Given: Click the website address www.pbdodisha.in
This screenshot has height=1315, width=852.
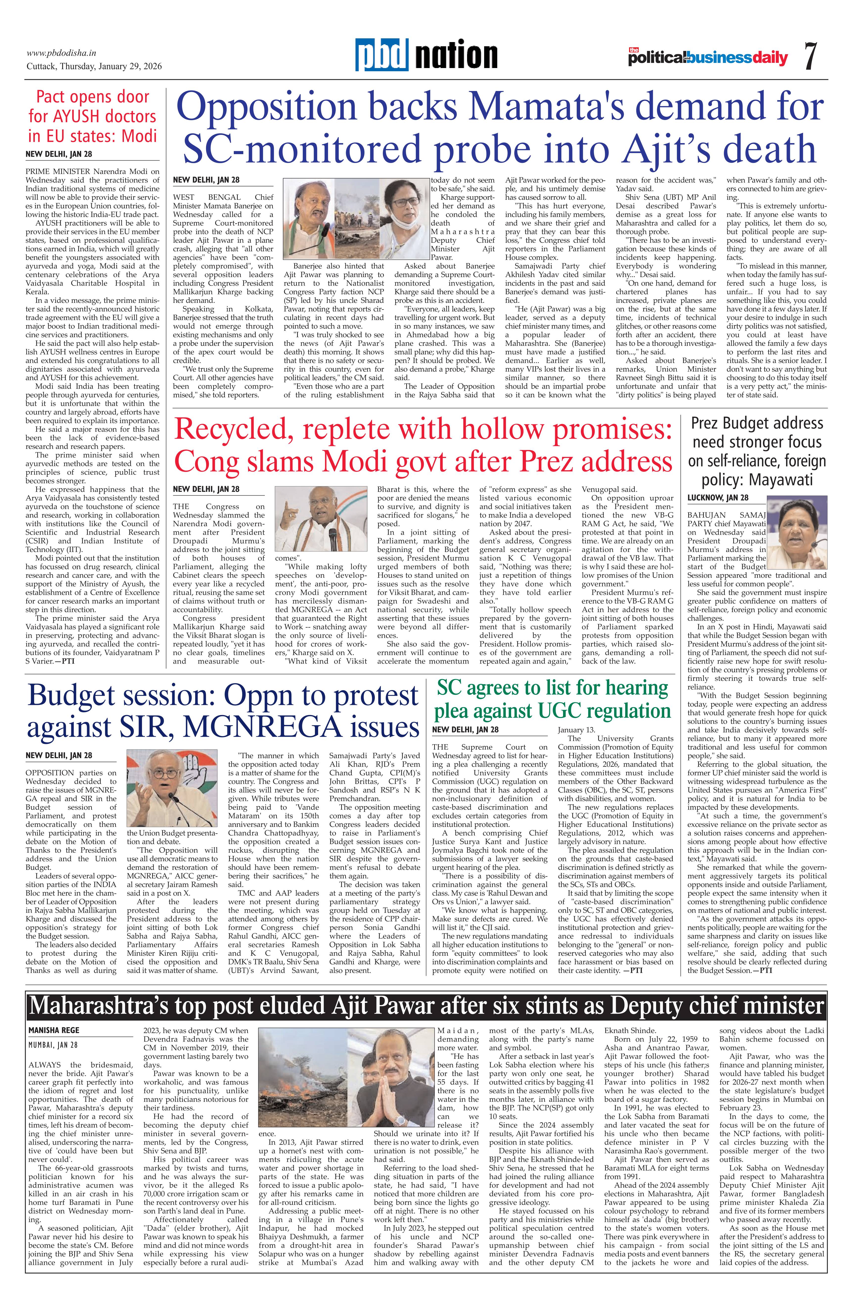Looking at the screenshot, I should tap(62, 53).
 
